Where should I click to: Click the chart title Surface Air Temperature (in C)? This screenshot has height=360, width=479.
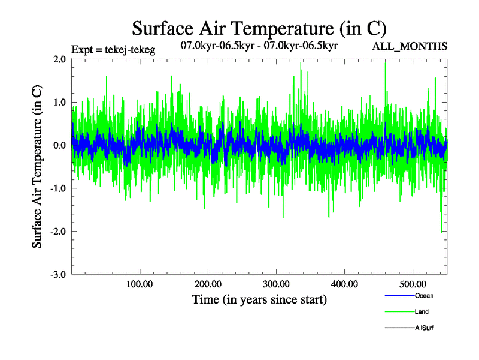click(259, 28)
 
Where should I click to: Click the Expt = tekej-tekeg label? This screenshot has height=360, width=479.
click(113, 50)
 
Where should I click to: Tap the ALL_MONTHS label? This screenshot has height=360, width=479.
click(410, 46)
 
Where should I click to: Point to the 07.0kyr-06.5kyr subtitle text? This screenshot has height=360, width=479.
click(259, 45)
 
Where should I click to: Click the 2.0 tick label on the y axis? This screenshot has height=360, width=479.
click(59, 59)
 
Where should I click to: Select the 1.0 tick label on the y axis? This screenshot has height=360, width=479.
click(59, 103)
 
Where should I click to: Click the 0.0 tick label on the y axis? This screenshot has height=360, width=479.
click(59, 146)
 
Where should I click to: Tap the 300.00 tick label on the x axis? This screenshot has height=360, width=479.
click(277, 283)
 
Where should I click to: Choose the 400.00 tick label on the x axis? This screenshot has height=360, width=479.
click(345, 283)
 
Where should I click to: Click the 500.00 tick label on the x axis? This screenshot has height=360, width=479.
click(413, 283)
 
